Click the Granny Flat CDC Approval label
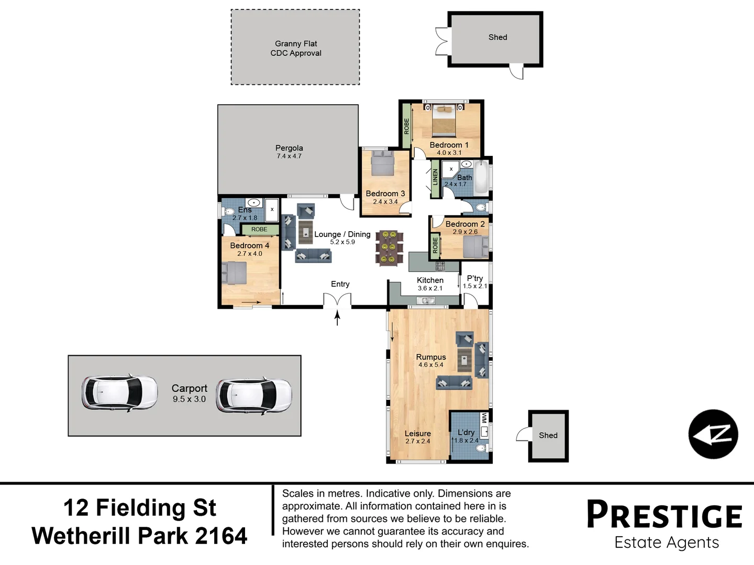pos(296,48)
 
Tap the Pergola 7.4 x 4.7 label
pos(289,152)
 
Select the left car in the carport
pos(119,392)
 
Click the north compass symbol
pos(713,434)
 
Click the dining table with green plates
pos(389,247)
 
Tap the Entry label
pos(340,284)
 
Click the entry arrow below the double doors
pos(337,318)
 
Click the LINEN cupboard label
pos(435,177)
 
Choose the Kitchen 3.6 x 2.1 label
pos(430,284)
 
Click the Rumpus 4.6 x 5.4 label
pos(431,360)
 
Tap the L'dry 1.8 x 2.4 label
pos(466,436)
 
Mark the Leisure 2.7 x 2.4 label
pos(417,437)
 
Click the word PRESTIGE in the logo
pos(664,515)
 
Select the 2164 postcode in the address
pos(221,536)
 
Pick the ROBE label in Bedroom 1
pos(406,126)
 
